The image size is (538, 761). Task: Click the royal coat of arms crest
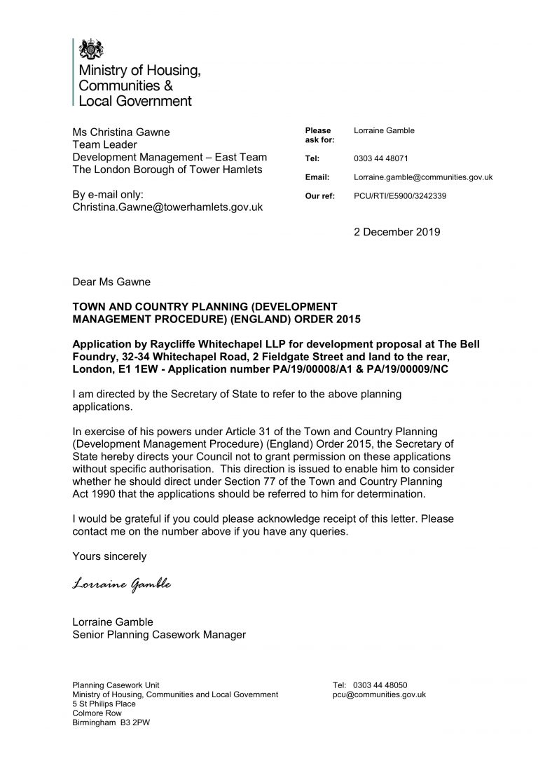90,49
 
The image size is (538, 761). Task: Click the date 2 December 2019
397,232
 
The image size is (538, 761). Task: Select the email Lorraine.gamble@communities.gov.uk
423,177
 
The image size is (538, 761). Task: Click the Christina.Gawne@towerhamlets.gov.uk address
168,207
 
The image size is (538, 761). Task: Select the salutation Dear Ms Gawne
112,283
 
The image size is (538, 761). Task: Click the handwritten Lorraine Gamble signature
122,584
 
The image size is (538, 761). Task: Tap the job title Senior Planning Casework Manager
159,635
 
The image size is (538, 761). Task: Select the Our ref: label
319,196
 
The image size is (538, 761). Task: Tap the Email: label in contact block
317,177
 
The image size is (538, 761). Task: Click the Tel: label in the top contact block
312,159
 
